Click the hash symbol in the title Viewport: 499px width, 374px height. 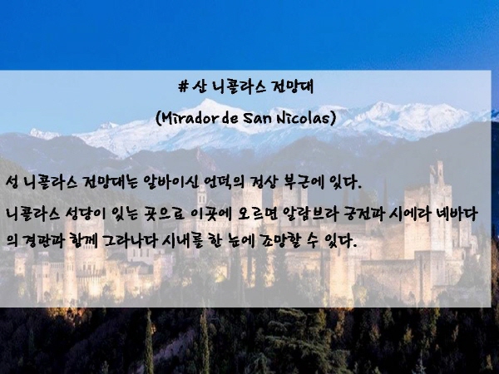(x=183, y=86)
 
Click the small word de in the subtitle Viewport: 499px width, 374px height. (x=230, y=118)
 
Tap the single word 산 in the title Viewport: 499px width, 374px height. (x=200, y=86)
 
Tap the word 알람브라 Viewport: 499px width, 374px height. (x=309, y=214)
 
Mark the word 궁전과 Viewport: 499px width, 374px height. (x=363, y=214)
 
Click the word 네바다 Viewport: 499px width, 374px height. (x=458, y=214)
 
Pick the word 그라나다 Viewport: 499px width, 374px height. (x=130, y=241)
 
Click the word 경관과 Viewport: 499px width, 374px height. (x=42, y=241)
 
